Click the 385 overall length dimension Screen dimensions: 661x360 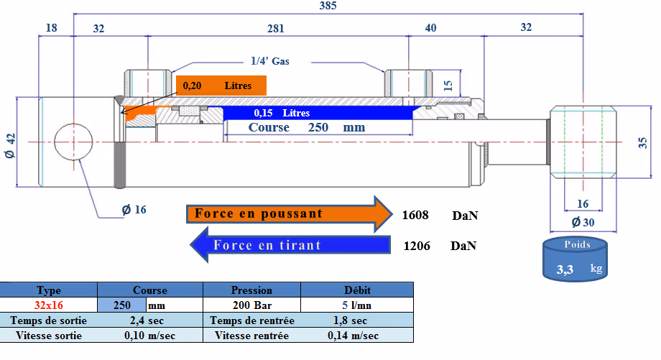click(x=328, y=6)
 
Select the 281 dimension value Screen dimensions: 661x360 click(x=276, y=28)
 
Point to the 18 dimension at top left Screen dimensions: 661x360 click(x=51, y=28)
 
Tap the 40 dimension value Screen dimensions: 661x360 click(x=430, y=28)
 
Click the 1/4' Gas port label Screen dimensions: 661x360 click(x=270, y=61)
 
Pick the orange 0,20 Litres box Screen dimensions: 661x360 click(x=221, y=86)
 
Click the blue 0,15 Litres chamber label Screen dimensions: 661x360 click(x=282, y=113)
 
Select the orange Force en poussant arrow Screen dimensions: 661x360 click(x=290, y=213)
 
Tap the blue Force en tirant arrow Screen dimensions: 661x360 click(x=290, y=245)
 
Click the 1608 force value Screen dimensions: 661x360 click(x=415, y=215)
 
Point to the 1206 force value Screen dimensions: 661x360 click(x=417, y=246)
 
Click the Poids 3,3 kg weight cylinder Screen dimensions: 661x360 click(x=575, y=259)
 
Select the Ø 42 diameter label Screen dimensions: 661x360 click(x=10, y=146)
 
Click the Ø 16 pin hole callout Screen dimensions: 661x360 click(x=134, y=210)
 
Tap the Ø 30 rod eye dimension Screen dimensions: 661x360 click(x=583, y=222)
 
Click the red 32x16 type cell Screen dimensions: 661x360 click(x=48, y=305)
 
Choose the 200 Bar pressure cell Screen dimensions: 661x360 click(x=251, y=305)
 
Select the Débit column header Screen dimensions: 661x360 click(x=357, y=290)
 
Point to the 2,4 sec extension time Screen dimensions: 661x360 click(x=147, y=320)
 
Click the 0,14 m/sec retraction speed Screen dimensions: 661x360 click(x=353, y=336)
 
